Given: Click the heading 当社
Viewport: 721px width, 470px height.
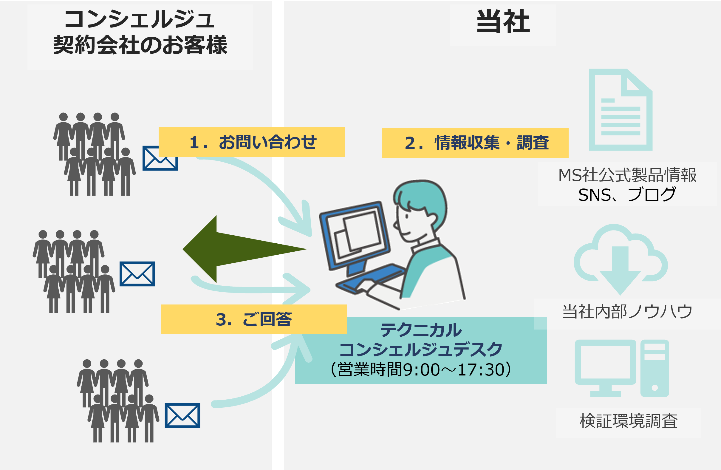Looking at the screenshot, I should [x=503, y=21].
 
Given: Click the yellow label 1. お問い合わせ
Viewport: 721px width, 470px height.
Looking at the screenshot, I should [x=252, y=142].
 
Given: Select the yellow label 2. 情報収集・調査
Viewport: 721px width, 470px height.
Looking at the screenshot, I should [x=475, y=143].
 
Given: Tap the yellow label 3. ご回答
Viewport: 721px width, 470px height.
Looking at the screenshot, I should [x=253, y=319].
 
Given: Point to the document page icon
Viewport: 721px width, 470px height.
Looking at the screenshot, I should [x=621, y=110].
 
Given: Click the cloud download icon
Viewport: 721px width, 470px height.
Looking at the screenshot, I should [x=620, y=259].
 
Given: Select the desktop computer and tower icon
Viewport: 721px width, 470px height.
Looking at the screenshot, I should [x=622, y=369].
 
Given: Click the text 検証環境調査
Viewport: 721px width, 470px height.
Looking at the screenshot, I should [x=629, y=421].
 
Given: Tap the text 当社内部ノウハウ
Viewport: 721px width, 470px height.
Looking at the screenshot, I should [x=627, y=312].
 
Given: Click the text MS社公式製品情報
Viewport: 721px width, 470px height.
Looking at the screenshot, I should [x=627, y=175].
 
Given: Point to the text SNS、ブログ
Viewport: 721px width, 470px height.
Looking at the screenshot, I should [x=627, y=195].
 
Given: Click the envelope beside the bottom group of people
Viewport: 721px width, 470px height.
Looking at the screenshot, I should [x=182, y=415].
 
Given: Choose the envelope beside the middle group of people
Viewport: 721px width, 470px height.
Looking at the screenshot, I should [x=137, y=274].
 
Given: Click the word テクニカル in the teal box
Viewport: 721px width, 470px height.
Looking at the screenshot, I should [x=421, y=330].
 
